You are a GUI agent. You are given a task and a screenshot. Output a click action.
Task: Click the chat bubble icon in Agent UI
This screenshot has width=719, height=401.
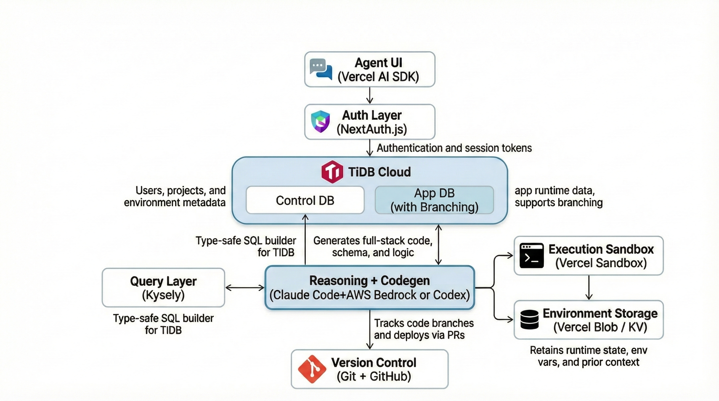(x=321, y=69)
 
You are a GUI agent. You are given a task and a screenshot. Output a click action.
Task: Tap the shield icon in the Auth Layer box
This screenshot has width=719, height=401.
(x=320, y=121)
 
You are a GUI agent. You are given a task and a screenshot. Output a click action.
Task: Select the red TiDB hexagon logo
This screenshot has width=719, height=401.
(x=332, y=172)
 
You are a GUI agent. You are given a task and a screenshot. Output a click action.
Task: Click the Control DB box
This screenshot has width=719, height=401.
(x=305, y=200)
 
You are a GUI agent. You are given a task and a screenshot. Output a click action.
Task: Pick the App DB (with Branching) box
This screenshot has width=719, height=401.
(x=434, y=200)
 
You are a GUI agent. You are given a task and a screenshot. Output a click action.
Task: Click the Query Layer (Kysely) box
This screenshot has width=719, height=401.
(x=163, y=287)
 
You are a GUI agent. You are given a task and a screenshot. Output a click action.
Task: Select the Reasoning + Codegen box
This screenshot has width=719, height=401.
(x=369, y=287)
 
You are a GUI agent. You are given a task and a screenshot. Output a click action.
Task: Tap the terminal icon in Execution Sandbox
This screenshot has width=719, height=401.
(x=531, y=255)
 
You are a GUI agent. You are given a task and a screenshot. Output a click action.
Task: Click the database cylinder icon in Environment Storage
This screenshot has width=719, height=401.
(x=530, y=320)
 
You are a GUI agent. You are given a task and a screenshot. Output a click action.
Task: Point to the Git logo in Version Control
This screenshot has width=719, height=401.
(x=312, y=369)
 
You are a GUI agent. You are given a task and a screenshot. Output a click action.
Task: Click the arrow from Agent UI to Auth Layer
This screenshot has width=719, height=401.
(x=369, y=95)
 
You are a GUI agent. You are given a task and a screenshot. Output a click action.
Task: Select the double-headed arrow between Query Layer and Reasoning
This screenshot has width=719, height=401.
(x=245, y=287)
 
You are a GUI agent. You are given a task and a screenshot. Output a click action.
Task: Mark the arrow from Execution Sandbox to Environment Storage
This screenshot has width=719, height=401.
(x=589, y=287)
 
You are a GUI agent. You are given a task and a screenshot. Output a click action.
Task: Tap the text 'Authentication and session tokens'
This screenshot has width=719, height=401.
(x=454, y=148)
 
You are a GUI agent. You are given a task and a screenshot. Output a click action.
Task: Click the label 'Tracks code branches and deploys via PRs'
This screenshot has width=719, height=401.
(x=424, y=329)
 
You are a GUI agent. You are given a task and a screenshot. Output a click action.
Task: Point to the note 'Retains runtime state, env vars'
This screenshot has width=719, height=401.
(x=588, y=356)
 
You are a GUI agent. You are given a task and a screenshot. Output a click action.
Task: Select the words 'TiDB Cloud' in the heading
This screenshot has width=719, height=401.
(x=379, y=172)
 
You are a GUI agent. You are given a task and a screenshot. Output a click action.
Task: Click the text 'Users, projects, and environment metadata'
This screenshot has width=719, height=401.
(x=175, y=196)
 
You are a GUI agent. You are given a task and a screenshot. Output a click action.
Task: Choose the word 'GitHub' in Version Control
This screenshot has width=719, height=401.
(x=390, y=376)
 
